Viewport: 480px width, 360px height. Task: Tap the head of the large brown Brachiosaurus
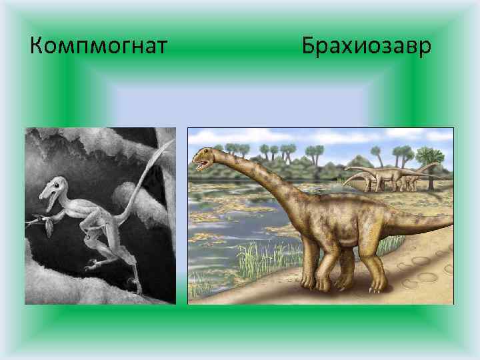pyautogui.click(x=203, y=159)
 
